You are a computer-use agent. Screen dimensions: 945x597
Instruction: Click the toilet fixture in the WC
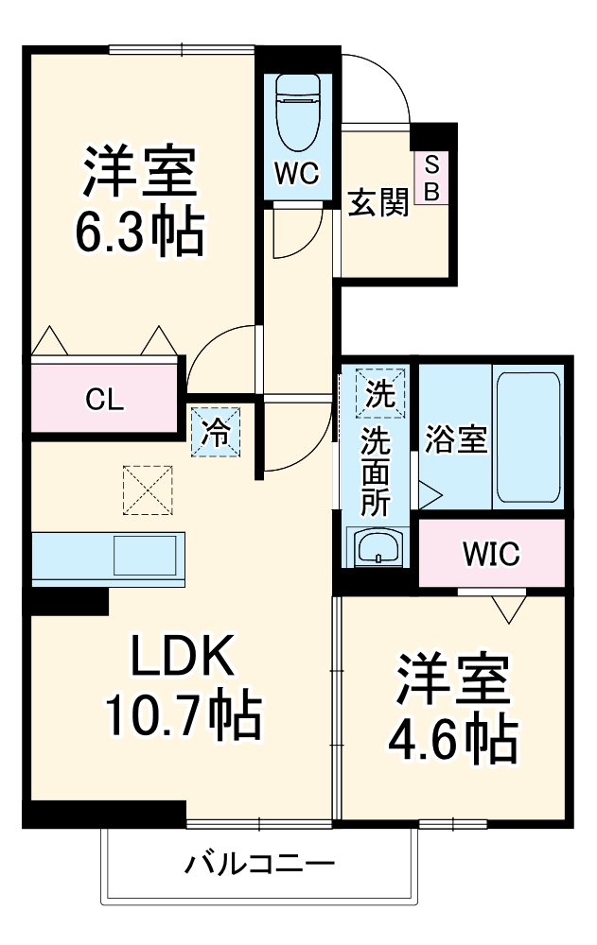point(298,112)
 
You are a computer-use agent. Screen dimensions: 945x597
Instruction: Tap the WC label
point(298,173)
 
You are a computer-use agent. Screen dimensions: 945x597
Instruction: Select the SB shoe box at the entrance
point(431,178)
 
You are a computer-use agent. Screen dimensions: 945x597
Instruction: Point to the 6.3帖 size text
point(140,231)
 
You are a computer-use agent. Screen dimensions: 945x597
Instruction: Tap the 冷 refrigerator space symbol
point(216,432)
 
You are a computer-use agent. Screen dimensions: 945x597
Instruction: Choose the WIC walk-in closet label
point(490,554)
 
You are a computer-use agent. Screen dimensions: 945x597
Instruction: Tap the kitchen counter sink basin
point(145,555)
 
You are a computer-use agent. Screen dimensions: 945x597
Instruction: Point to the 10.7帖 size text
point(182,718)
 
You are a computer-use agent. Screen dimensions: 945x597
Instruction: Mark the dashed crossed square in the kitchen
point(147,490)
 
